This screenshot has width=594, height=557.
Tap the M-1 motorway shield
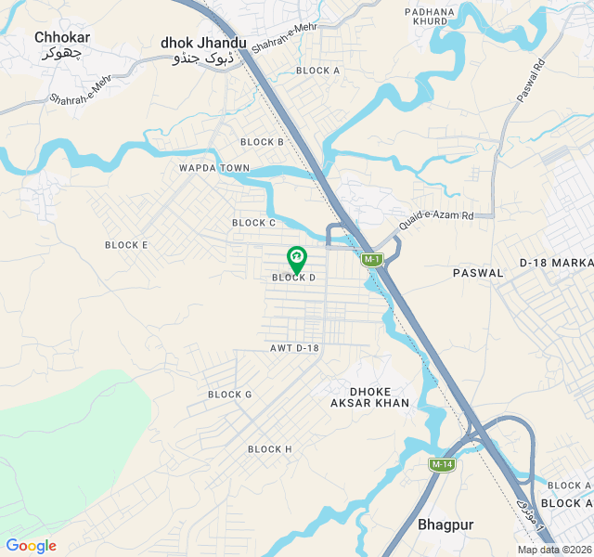pyautogui.click(x=371, y=260)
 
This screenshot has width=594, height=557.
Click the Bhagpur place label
pyautogui.click(x=445, y=525)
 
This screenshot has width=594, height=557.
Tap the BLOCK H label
pyautogui.click(x=270, y=449)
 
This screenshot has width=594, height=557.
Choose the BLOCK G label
pyautogui.click(x=230, y=395)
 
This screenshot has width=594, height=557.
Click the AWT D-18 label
pyautogui.click(x=294, y=348)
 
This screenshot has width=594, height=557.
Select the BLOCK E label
pyautogui.click(x=126, y=245)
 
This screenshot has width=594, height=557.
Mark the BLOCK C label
pyautogui.click(x=254, y=223)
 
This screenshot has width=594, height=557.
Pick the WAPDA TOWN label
pyautogui.click(x=215, y=168)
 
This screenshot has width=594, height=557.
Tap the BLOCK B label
pyautogui.click(x=262, y=142)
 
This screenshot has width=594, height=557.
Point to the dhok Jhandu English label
pyautogui.click(x=203, y=43)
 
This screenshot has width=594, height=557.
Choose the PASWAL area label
pyautogui.click(x=478, y=273)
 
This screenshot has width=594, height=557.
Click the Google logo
pyautogui.click(x=31, y=546)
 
